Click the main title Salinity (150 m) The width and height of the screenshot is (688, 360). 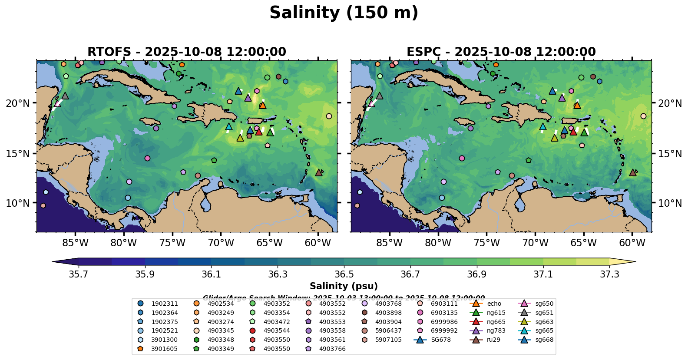(x=344, y=13)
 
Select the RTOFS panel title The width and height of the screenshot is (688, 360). (x=187, y=52)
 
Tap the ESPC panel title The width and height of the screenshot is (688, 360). (x=501, y=52)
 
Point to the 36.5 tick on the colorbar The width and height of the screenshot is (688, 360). (x=344, y=274)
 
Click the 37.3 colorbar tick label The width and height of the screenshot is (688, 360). (x=609, y=274)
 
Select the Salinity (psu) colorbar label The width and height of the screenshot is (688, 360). (x=344, y=286)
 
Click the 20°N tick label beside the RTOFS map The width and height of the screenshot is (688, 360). (x=18, y=103)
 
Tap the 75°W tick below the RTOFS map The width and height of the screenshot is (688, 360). (x=172, y=243)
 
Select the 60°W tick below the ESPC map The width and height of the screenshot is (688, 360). (x=632, y=243)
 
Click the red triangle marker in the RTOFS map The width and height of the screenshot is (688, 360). (x=259, y=131)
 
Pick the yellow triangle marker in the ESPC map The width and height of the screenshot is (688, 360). (x=554, y=138)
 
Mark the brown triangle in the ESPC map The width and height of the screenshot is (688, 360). (x=633, y=172)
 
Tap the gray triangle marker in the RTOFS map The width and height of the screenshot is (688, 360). (x=65, y=96)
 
